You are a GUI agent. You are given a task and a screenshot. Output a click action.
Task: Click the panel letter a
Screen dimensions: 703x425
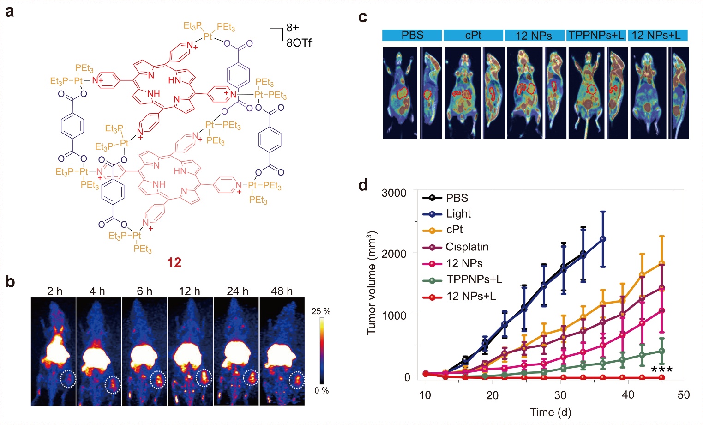tap(10, 12)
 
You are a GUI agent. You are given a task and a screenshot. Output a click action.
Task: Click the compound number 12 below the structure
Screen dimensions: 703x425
tap(174, 262)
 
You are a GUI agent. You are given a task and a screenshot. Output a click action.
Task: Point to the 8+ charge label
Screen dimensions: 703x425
tap(293, 28)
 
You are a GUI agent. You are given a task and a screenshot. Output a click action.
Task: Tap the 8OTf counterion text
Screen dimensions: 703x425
tap(300, 42)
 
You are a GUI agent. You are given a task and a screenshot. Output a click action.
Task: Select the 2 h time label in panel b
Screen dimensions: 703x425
tap(54, 291)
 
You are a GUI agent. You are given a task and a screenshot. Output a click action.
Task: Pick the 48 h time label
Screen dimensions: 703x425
tap(282, 291)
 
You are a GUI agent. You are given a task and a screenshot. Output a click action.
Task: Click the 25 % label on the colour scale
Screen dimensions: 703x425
tap(321, 311)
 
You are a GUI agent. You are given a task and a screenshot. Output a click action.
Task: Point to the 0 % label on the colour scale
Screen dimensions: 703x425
tap(322, 390)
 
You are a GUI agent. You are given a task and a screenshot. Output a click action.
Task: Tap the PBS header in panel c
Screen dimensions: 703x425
tap(412, 35)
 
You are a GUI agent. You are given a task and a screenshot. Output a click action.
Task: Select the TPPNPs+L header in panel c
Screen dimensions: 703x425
tap(596, 35)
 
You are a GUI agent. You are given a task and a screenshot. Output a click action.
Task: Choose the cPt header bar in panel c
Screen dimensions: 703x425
tap(473, 35)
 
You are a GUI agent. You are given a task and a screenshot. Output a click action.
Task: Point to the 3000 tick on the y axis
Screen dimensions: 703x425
tap(394, 193)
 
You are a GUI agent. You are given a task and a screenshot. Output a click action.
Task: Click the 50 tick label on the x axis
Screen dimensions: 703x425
tap(684, 395)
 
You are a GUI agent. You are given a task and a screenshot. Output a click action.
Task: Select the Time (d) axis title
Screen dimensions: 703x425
tap(551, 412)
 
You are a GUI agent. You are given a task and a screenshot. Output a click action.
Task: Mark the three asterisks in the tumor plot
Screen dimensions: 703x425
tap(662, 370)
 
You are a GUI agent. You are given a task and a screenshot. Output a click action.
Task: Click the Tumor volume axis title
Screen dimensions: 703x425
tap(372, 283)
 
